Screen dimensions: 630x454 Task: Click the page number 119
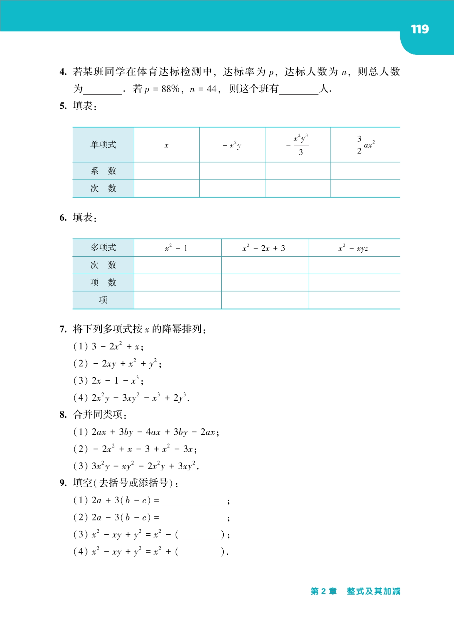click(420, 29)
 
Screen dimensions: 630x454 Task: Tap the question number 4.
click(63, 72)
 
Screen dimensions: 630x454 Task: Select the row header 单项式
click(103, 145)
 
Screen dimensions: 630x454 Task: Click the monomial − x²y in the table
click(232, 145)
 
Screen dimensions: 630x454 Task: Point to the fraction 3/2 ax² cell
click(365, 145)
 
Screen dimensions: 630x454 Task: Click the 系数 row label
click(103, 171)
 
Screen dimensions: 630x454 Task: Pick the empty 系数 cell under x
click(167, 171)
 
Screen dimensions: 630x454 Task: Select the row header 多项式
click(103, 248)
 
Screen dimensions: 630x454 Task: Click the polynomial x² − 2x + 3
click(264, 248)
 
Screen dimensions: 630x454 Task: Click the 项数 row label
click(103, 282)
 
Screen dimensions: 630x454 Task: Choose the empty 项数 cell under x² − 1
click(178, 282)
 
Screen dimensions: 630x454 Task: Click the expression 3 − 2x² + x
click(118, 347)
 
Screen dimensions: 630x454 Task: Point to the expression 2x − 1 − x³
click(118, 381)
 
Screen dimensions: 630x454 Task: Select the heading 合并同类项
click(99, 415)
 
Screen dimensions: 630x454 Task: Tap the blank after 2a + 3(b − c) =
click(194, 501)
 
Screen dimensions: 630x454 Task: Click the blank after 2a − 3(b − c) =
click(194, 518)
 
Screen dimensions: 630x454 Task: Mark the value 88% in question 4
click(171, 89)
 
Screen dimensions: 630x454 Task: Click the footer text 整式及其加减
click(373, 591)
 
